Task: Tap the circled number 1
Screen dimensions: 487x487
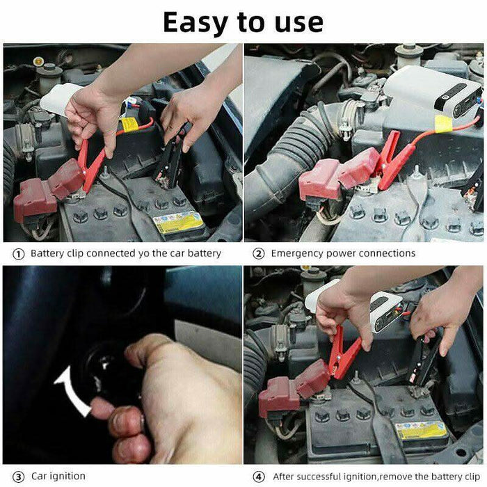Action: (19, 254)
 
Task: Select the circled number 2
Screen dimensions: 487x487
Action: (258, 254)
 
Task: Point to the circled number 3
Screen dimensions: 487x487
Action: (19, 477)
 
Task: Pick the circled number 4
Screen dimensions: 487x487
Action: (258, 477)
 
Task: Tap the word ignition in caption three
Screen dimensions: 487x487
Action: (67, 476)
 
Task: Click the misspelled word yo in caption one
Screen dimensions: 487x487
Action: (143, 254)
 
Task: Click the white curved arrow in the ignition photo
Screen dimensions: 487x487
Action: (72, 391)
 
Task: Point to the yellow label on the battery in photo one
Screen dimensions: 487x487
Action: (178, 223)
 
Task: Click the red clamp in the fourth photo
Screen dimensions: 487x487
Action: (344, 354)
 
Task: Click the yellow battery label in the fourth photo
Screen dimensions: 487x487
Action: (421, 431)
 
